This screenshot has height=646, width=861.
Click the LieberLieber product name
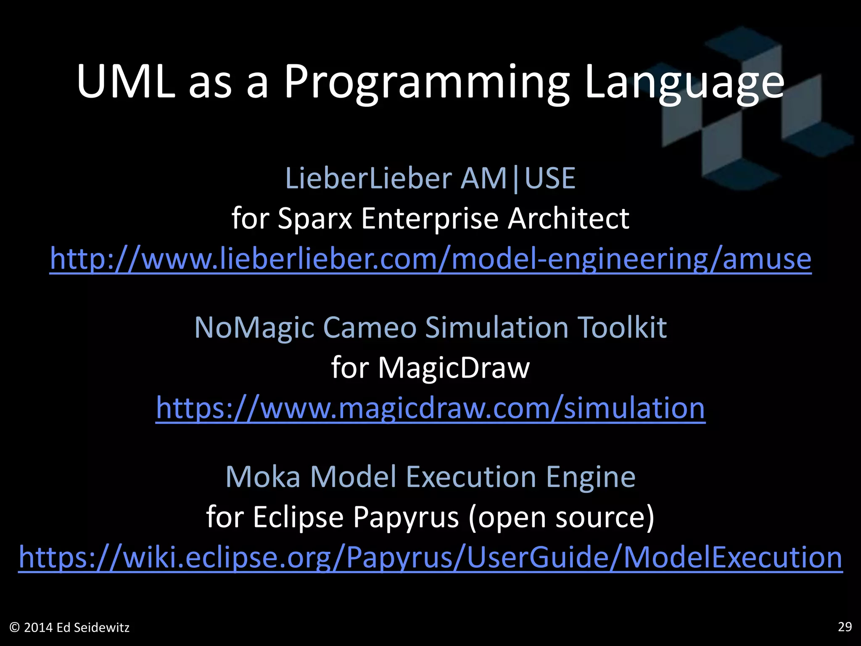tap(368, 178)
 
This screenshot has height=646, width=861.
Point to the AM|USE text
tap(518, 178)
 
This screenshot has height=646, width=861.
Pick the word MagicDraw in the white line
tap(454, 368)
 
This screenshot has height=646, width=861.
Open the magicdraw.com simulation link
tap(430, 408)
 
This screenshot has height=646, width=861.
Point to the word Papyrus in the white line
tap(406, 517)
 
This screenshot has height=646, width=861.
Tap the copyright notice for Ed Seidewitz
tap(69, 627)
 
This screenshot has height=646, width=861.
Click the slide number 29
tap(845, 627)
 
